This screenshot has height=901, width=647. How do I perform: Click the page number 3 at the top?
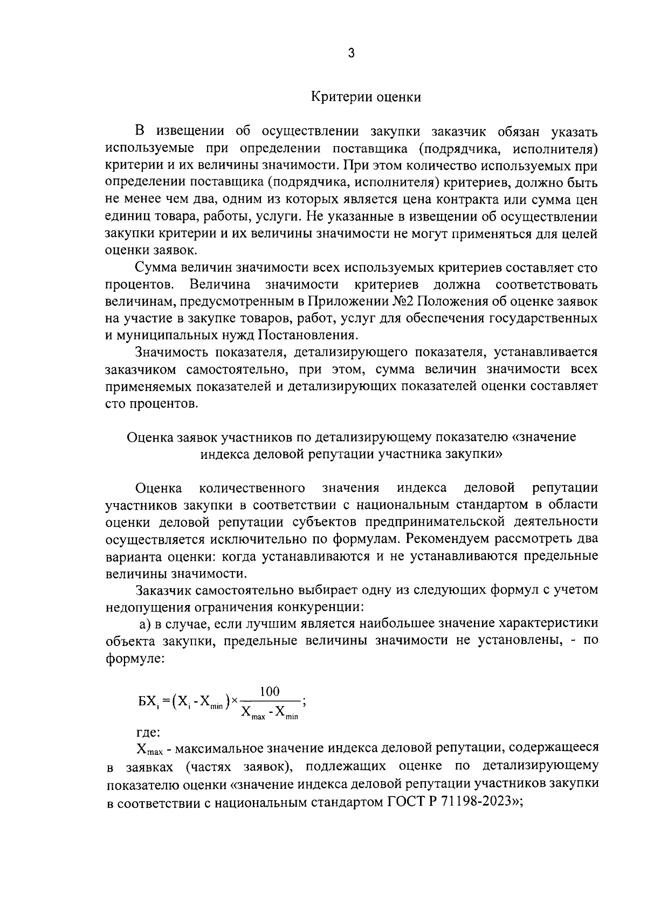click(x=351, y=53)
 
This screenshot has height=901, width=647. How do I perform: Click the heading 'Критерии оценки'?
click(x=366, y=98)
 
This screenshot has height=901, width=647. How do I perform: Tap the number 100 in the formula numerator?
click(x=270, y=691)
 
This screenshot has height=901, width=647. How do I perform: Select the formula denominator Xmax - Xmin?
click(x=270, y=713)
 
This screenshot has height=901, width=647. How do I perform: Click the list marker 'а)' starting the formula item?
click(x=144, y=623)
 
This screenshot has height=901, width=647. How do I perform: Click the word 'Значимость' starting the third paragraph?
click(x=171, y=352)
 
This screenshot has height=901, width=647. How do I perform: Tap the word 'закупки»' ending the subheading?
click(x=473, y=454)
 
